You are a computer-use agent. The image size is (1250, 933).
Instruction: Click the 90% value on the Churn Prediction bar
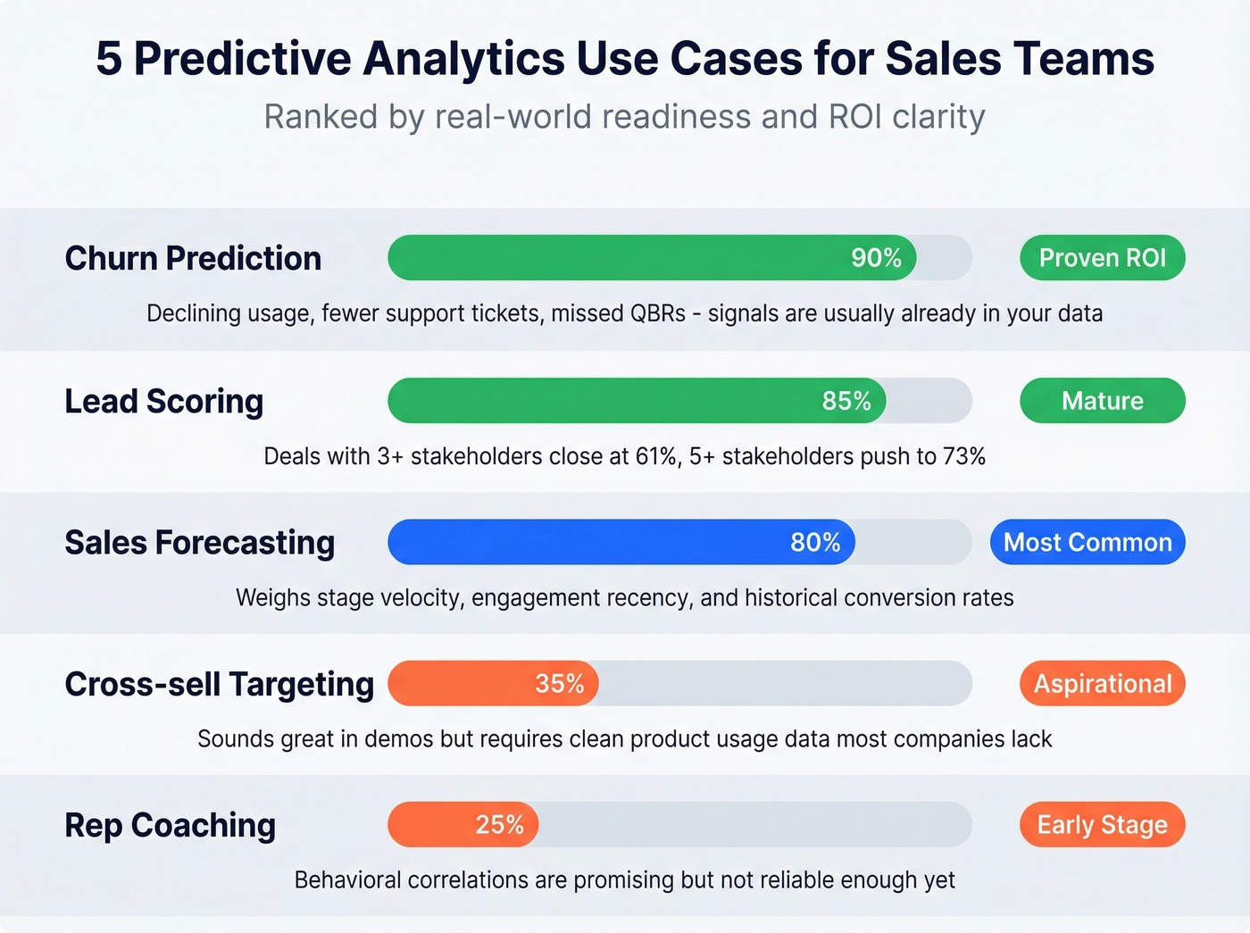coord(876,258)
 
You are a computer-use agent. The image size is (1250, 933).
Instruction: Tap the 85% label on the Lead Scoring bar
coord(846,401)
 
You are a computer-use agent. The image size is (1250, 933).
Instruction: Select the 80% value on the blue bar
coord(815,542)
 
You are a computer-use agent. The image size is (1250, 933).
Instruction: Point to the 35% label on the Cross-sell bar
coord(560,684)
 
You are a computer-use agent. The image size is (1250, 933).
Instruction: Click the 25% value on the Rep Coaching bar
coord(500,824)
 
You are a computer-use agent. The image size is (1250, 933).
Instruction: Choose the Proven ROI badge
coord(1102,258)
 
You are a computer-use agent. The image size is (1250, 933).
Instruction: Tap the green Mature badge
coord(1102,401)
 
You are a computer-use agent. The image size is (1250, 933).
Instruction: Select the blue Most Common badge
coord(1087,542)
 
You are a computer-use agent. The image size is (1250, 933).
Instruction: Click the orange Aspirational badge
coord(1102,684)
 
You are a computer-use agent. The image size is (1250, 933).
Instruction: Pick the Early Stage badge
coord(1102,824)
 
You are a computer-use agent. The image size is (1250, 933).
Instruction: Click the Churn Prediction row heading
coord(193,258)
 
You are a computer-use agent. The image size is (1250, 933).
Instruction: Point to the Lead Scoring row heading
coord(164,401)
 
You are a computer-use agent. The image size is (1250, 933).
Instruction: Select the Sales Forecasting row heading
coord(200,542)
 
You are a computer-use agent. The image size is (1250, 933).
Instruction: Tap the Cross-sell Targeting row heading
coord(220,684)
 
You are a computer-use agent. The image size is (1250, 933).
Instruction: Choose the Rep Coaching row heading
coord(171,825)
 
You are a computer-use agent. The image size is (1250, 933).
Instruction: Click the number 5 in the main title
coord(109,59)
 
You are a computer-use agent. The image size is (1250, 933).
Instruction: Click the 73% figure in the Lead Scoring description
coord(963,457)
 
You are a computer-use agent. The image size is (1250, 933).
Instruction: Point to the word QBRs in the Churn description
coord(657,314)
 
